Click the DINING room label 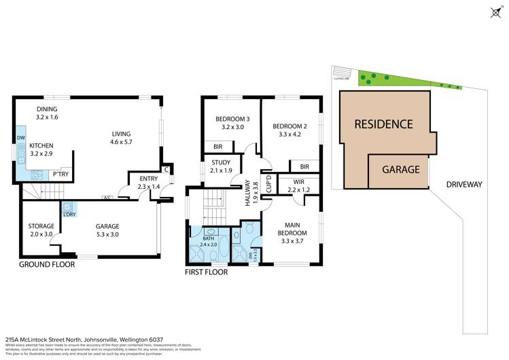pos(47,113)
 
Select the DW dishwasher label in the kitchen pos(20,139)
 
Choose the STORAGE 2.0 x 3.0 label pos(40,230)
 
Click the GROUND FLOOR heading pos(46,264)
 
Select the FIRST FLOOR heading pos(206,272)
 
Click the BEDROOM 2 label pos(290,130)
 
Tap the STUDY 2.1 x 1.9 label pos(221,166)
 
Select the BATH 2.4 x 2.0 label pos(211,241)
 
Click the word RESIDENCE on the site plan pos(383,124)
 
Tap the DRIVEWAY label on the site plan pos(465,184)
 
